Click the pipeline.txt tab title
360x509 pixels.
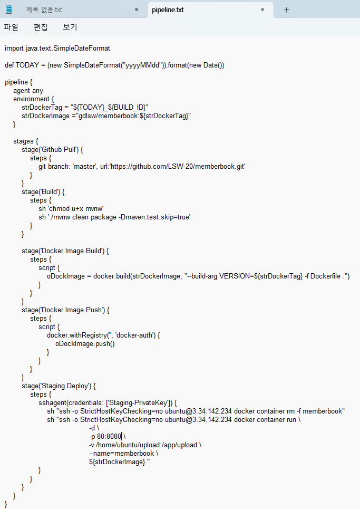coord(168,9)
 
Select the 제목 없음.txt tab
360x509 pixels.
coord(44,9)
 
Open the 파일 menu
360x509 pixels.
coord(11,27)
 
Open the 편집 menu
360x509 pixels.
coord(41,27)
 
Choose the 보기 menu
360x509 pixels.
coord(70,27)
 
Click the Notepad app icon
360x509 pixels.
coord(9,9)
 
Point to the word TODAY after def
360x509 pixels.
coord(27,65)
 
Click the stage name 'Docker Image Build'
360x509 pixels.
coord(72,251)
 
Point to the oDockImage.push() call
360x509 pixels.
coord(85,343)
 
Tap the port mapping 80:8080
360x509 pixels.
coord(109,436)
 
